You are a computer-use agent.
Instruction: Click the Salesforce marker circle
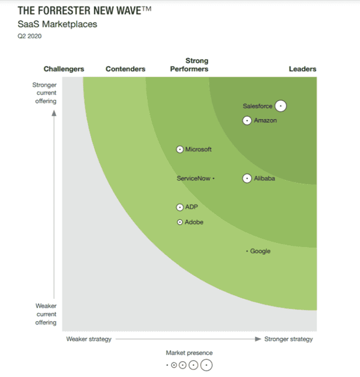click(281, 106)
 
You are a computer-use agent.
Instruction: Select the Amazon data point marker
click(247, 121)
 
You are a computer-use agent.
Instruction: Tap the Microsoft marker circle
click(180, 149)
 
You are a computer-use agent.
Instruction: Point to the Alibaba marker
click(247, 178)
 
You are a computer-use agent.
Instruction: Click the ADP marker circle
click(180, 207)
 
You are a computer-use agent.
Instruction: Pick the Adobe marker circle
click(180, 222)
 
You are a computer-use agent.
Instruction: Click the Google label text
click(260, 251)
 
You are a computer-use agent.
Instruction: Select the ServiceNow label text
click(194, 178)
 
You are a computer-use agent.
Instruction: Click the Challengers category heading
click(64, 69)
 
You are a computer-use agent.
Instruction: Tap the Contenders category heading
click(125, 69)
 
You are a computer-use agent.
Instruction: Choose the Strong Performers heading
click(189, 65)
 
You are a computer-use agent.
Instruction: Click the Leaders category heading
click(302, 69)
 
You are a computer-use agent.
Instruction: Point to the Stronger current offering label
click(45, 93)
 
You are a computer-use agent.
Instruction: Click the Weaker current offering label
click(46, 314)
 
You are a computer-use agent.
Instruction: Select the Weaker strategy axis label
click(89, 339)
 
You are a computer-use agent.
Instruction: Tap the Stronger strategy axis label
click(289, 339)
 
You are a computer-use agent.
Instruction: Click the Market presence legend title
click(189, 353)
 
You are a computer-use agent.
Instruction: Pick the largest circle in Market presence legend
click(206, 365)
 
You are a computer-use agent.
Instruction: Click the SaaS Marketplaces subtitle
click(57, 25)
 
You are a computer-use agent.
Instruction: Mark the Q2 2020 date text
click(29, 36)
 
